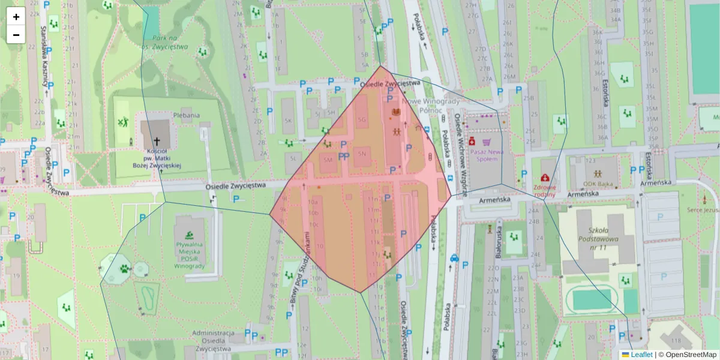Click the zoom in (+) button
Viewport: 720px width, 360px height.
[16, 17]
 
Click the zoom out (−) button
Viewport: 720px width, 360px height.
[16, 35]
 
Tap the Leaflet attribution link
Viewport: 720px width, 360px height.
[641, 355]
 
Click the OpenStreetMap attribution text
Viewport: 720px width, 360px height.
[691, 355]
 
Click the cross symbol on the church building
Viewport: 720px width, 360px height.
[157, 142]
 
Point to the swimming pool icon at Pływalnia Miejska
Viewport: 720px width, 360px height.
[190, 234]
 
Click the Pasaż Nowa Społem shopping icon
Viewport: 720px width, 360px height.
[487, 142]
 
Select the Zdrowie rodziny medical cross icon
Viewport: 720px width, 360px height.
[545, 178]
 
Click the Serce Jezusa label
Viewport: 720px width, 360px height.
[703, 210]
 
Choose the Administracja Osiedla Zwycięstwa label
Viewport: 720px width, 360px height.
[214, 340]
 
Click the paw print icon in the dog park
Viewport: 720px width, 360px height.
[124, 268]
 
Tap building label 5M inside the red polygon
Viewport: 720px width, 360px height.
[328, 160]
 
